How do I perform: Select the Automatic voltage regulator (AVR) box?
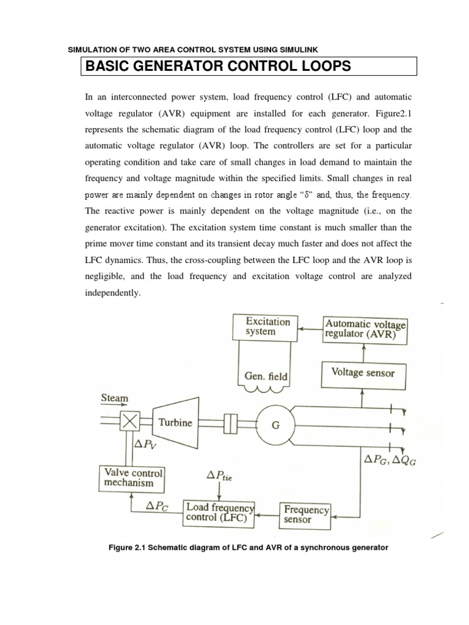[x=365, y=329]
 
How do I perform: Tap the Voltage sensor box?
[x=363, y=372]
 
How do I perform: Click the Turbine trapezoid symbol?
[x=167, y=422]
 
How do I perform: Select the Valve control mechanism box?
[x=134, y=478]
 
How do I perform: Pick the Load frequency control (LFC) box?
[x=220, y=513]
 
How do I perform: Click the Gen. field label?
[x=262, y=377]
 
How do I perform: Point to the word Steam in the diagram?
[x=114, y=398]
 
